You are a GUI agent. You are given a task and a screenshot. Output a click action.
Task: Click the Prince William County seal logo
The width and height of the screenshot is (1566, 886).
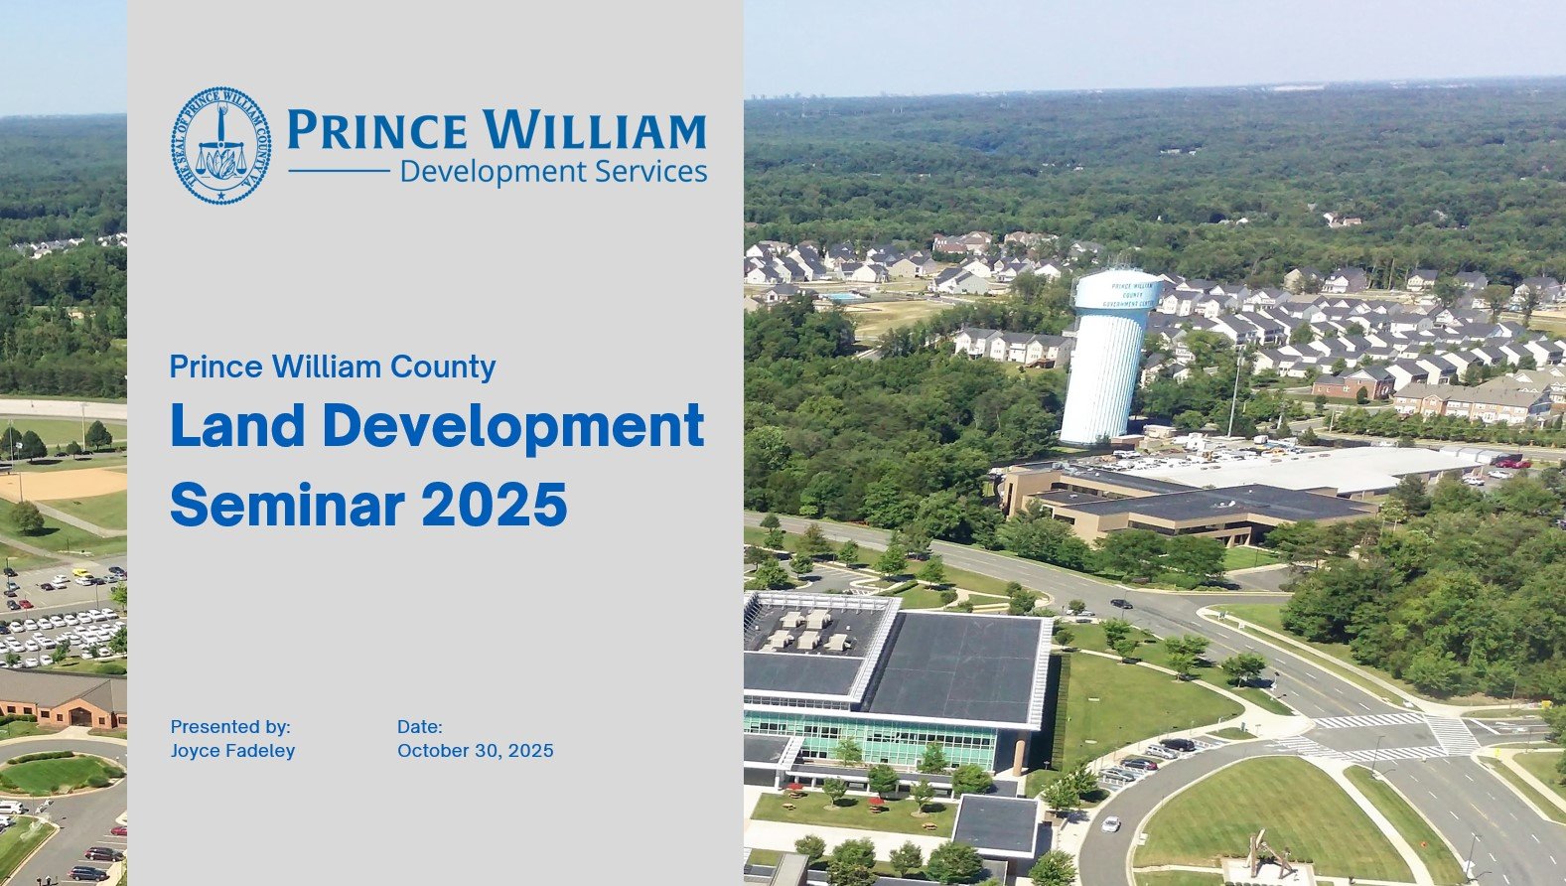[220, 145]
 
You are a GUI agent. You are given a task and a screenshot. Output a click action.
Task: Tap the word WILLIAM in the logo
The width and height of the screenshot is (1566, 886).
[594, 129]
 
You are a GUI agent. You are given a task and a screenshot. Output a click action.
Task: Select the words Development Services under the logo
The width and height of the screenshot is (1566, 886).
[553, 172]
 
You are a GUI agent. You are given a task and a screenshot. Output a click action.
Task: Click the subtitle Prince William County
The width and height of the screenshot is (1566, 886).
[333, 367]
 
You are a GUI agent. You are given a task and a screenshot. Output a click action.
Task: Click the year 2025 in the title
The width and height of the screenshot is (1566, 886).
[495, 504]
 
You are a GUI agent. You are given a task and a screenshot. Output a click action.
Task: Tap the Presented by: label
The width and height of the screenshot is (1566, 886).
[230, 726]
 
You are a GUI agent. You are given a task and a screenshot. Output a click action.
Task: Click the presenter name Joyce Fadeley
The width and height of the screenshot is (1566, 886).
[232, 751]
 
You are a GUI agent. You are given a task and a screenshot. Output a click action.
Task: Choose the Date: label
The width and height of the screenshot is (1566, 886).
[419, 726]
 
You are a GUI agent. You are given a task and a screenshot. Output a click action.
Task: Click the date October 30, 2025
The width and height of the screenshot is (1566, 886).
[476, 750]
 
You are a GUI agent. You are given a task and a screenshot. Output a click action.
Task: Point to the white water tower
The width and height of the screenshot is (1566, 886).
[1109, 357]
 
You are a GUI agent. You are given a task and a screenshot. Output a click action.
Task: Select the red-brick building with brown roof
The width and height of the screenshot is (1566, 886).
[63, 698]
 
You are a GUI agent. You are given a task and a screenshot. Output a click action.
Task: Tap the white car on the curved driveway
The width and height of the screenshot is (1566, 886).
[1110, 823]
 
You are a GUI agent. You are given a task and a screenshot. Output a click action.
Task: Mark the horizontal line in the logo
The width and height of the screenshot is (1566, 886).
[339, 170]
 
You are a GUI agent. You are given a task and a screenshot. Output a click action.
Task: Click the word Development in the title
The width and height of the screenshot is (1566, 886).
[513, 426]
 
